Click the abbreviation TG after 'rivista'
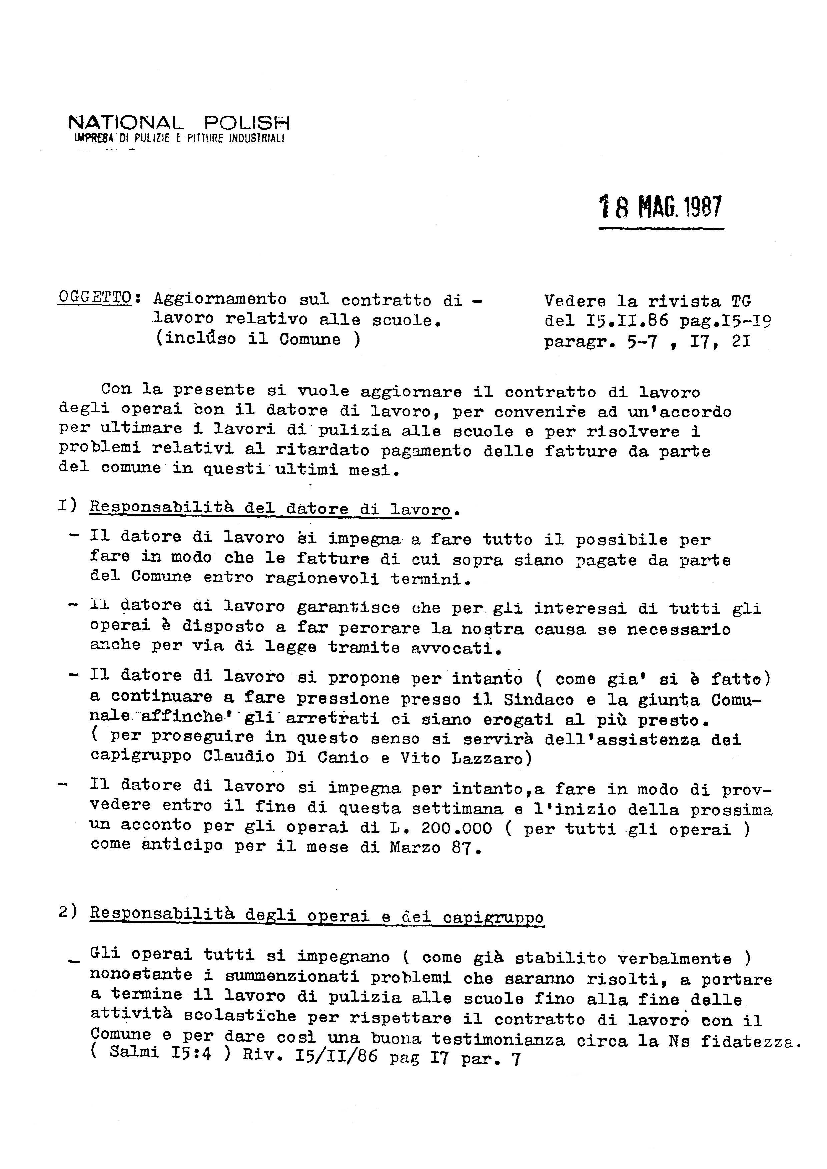(741, 301)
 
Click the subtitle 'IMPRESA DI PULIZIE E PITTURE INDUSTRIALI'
(179, 138)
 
